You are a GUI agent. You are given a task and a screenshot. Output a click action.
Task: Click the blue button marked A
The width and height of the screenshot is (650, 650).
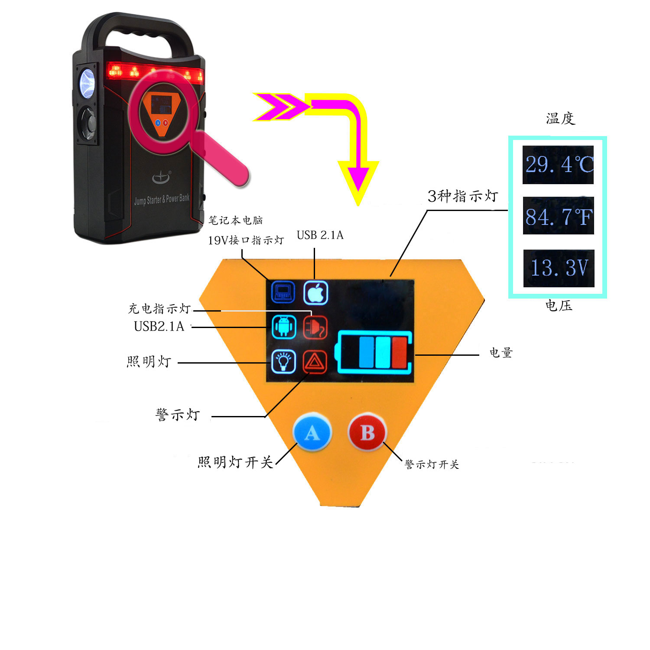312,432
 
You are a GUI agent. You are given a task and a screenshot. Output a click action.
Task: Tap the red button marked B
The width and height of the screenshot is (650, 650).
367,432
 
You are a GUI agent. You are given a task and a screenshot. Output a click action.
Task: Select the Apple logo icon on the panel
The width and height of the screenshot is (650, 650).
315,293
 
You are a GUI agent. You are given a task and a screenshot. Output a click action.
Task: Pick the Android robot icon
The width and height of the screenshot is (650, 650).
284,327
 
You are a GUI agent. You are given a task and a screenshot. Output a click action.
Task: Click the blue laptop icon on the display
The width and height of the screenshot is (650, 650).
283,292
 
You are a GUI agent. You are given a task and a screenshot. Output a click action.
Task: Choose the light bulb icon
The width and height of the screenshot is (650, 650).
283,361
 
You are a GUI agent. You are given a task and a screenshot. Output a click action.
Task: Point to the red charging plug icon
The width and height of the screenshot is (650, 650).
315,327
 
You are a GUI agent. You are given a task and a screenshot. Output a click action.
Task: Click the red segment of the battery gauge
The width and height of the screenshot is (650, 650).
400,352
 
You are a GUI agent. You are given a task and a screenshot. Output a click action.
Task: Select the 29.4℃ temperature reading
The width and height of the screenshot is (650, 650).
558,165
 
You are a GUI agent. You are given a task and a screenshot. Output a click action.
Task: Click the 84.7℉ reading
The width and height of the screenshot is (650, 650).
558,216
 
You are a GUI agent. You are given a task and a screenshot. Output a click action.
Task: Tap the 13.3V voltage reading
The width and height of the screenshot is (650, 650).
559,268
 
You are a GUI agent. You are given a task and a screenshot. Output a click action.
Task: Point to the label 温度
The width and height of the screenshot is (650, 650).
560,118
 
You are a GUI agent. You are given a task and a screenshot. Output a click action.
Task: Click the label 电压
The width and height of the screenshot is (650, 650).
559,305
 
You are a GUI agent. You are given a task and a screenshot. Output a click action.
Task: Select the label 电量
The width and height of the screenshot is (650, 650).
501,353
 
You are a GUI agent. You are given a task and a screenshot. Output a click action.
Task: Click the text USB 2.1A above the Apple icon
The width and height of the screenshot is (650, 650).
320,235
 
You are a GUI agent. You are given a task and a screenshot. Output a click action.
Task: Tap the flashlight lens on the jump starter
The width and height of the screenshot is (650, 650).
88,82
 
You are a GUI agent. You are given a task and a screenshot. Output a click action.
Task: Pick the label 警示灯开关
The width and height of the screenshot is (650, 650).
432,465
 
